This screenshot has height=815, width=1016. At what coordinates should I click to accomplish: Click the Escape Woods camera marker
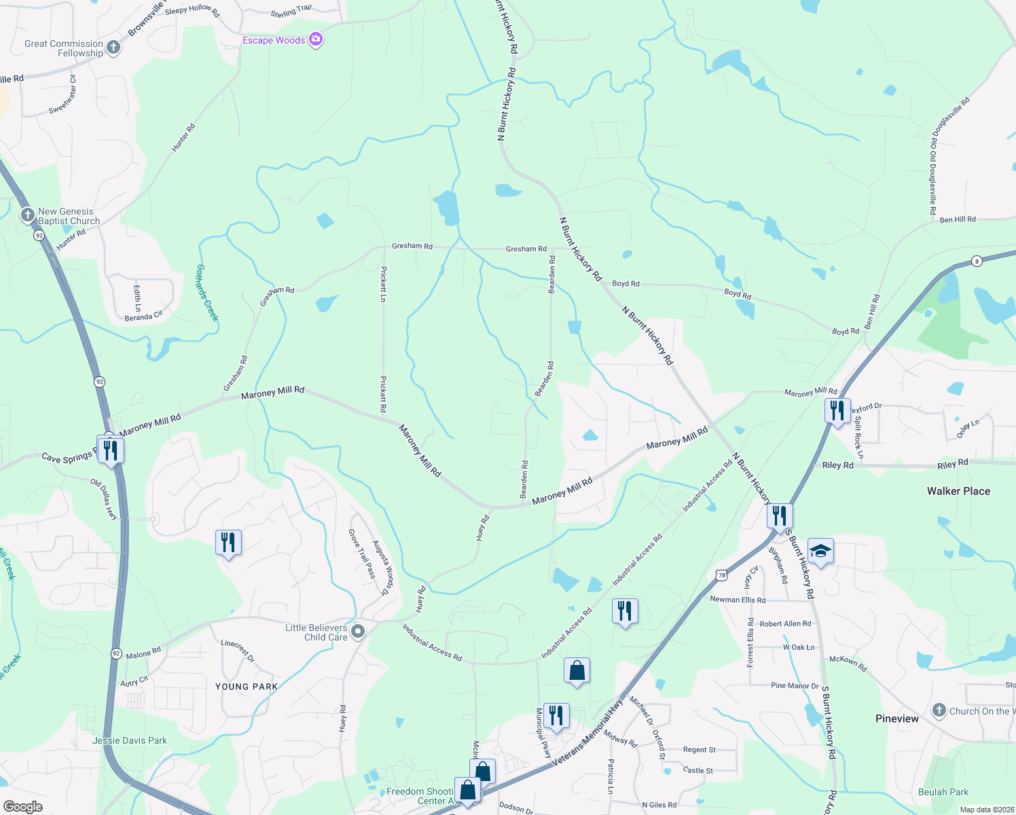[315, 40]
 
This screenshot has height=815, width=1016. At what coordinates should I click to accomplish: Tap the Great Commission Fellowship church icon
[113, 48]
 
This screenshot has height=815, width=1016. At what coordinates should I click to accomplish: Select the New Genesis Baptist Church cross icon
[27, 215]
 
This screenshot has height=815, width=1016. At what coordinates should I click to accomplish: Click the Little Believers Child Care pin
[358, 632]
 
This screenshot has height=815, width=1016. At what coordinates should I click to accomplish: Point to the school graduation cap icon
[820, 551]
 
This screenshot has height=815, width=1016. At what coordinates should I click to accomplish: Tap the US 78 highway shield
[721, 575]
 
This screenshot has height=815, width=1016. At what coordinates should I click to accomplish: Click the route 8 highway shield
[977, 261]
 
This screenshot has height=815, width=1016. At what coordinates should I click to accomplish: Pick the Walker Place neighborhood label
[958, 491]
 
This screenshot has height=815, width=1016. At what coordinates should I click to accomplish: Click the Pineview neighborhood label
[896, 719]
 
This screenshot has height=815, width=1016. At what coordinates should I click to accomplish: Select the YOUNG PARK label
[247, 687]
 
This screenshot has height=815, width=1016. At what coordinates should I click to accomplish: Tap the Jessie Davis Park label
[130, 740]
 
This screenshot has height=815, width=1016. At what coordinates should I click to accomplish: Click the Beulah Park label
[943, 792]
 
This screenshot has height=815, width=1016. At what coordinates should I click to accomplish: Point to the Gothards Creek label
[207, 292]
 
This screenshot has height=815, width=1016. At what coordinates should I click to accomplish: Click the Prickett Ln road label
[384, 284]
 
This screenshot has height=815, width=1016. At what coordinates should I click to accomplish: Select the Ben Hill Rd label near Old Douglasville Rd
[958, 219]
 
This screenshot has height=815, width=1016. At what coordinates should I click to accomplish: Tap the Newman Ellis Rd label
[738, 600]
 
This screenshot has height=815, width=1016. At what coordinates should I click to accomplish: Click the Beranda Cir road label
[143, 316]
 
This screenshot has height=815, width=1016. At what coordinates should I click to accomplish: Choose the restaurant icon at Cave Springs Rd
[111, 450]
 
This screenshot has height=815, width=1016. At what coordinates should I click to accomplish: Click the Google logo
[22, 807]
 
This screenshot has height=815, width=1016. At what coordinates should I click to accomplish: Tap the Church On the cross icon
[939, 711]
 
